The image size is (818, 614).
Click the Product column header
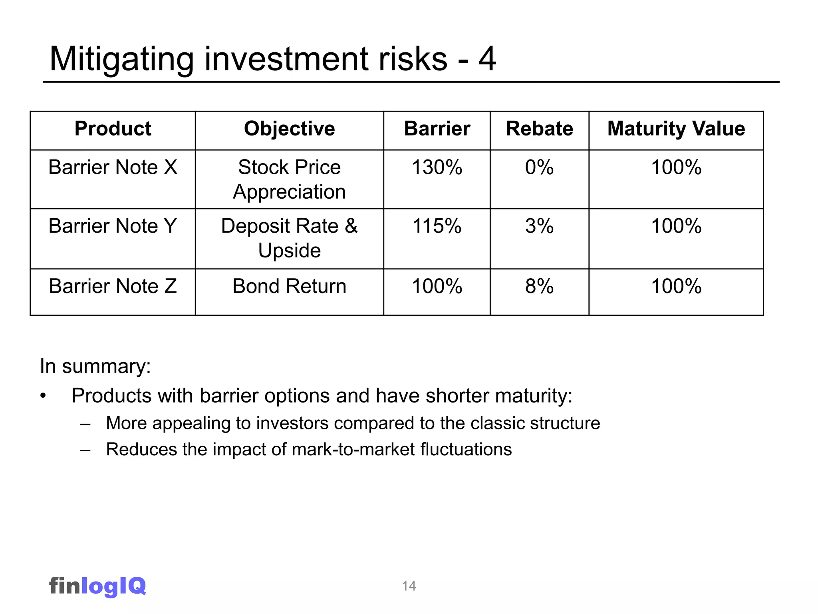(113, 129)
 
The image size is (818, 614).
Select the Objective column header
(289, 129)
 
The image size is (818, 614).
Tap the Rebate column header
(539, 129)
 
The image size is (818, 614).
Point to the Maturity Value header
(676, 129)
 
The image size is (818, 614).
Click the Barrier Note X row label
(113, 167)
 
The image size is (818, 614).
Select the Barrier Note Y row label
(113, 226)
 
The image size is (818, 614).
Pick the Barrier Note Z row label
(113, 286)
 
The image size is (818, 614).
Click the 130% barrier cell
(437, 167)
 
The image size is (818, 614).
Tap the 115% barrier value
(437, 226)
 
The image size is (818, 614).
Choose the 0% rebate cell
(539, 167)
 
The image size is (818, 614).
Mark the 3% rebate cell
(539, 226)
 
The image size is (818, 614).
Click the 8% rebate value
(539, 286)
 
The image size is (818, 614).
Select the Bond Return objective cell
(289, 286)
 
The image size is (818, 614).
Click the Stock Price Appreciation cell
(289, 179)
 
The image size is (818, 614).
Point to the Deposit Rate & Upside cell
(289, 238)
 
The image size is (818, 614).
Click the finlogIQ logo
(97, 586)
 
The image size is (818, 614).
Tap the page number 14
(409, 586)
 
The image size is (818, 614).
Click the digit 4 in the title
(487, 59)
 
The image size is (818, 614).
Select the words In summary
(95, 366)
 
